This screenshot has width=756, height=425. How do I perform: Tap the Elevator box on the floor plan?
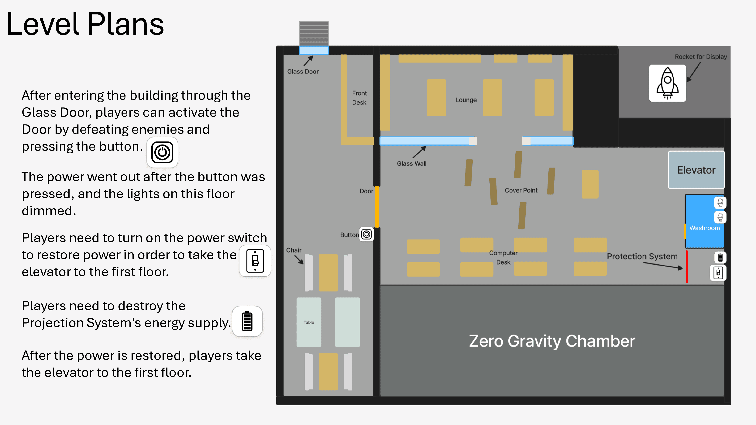click(696, 170)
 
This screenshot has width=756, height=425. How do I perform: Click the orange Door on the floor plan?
click(377, 207)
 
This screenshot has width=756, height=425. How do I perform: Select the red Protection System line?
click(687, 266)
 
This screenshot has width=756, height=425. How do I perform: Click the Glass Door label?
click(303, 72)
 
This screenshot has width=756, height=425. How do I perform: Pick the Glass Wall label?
click(411, 164)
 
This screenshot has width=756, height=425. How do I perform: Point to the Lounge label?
click(466, 100)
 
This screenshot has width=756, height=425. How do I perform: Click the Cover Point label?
click(521, 190)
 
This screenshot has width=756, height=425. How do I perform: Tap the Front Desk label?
click(359, 98)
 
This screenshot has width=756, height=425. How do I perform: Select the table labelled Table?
click(309, 322)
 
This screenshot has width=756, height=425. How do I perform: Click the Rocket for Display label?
click(701, 57)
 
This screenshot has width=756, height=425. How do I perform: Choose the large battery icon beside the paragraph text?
click(247, 321)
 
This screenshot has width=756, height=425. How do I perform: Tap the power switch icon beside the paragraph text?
click(255, 261)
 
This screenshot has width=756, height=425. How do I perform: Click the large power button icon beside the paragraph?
click(162, 152)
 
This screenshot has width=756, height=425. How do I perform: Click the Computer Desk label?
click(503, 257)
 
